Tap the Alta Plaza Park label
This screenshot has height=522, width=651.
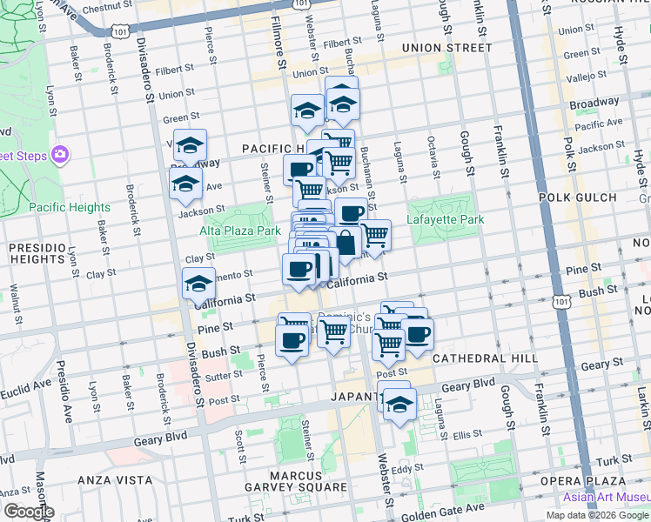coord(240,231)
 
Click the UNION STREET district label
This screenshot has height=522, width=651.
coord(446,48)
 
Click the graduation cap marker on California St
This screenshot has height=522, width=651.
coord(198,284)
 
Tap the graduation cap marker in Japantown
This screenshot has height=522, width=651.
coord(400,405)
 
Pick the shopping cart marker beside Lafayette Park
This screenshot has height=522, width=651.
coord(374,235)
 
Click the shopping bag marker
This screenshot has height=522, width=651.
coord(346,244)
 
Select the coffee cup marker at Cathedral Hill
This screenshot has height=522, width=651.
coord(418,334)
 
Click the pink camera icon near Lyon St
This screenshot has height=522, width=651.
coord(59,155)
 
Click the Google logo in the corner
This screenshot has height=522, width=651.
coord(28,512)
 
